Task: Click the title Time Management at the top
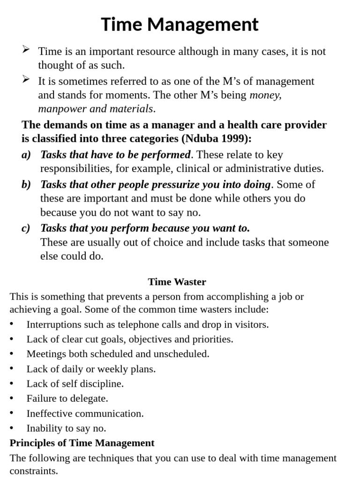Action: [180, 24]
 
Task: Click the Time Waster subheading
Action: [177, 282]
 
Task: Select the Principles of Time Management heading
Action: [82, 443]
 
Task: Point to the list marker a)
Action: [26, 155]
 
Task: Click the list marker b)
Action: [26, 184]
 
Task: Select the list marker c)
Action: [26, 228]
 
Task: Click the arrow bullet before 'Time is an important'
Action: [26, 50]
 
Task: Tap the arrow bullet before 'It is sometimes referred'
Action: [26, 80]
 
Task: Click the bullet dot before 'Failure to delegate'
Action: [12, 399]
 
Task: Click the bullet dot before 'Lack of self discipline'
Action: [12, 384]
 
